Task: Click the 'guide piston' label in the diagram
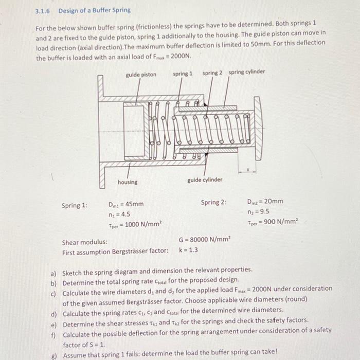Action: (x=141, y=75)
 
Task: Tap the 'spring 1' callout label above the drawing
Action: (x=183, y=74)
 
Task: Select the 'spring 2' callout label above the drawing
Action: (x=212, y=73)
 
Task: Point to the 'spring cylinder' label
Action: (x=247, y=72)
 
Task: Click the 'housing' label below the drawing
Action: (x=128, y=182)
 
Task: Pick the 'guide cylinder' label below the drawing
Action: (x=205, y=179)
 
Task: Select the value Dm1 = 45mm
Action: (x=125, y=204)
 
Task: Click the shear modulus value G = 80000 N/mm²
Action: (x=205, y=240)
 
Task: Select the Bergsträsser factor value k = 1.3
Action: (x=189, y=250)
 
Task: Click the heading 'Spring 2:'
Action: (x=214, y=202)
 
